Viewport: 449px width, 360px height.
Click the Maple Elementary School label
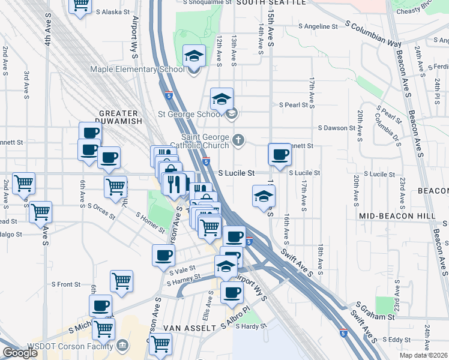(x=137, y=69)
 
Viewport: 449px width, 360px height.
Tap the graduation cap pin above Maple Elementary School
(x=194, y=56)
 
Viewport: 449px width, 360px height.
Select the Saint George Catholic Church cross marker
(x=238, y=140)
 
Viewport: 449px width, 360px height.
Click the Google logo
(x=20, y=353)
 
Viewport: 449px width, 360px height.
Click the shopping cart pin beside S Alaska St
(x=80, y=5)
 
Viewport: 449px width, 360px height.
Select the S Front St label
(x=66, y=284)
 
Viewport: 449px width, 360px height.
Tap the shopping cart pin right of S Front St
(x=122, y=281)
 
